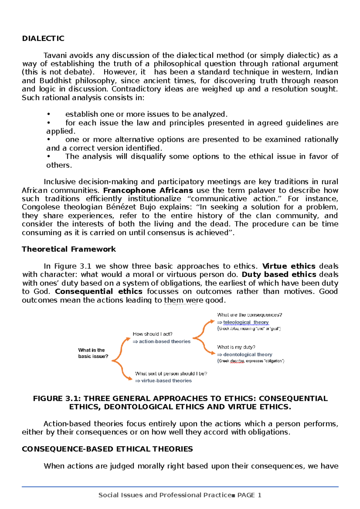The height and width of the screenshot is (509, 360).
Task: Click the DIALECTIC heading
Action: tap(43, 38)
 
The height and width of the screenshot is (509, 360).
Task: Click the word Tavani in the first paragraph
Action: tap(54, 55)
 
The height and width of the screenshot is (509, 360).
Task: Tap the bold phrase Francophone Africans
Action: tap(148, 190)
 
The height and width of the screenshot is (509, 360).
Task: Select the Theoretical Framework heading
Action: tap(69, 249)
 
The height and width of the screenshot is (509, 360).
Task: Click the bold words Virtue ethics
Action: tap(289, 266)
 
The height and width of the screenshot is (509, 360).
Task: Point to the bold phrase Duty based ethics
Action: tap(279, 275)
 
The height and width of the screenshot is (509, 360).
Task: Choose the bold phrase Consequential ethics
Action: tap(98, 291)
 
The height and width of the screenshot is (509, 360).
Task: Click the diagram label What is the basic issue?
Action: tap(93, 353)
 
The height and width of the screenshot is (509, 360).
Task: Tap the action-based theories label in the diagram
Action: tap(164, 341)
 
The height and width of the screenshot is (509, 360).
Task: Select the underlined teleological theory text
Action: tap(246, 322)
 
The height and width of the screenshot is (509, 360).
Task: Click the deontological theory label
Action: tap(247, 354)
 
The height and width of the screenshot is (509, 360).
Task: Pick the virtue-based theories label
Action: tap(166, 381)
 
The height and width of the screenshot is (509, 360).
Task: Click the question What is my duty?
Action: tap(236, 347)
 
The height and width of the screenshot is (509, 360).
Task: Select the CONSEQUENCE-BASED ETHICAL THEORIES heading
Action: tap(107, 449)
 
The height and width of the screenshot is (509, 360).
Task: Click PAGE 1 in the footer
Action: tap(249, 495)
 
